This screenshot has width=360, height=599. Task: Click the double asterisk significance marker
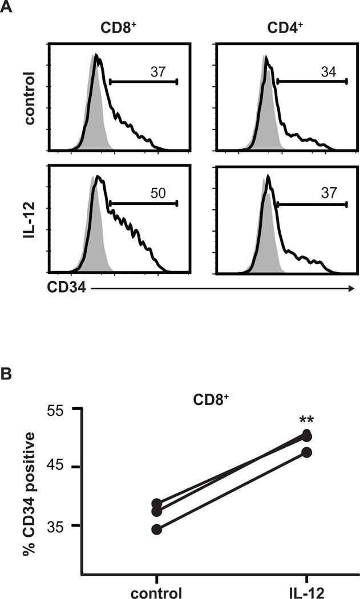tap(306, 422)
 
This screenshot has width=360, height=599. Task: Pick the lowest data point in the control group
tap(157, 529)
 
